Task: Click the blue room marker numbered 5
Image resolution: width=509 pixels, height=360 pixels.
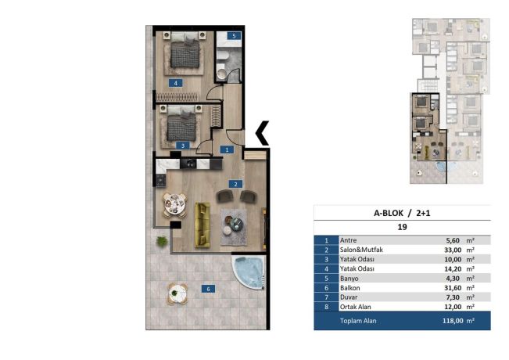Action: [234, 36]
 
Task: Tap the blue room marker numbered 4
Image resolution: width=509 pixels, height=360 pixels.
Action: [176, 83]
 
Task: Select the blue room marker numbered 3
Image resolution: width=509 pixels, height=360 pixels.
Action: [183, 146]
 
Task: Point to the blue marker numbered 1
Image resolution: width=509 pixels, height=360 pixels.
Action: [227, 149]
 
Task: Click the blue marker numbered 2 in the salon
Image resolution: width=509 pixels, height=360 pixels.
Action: [235, 184]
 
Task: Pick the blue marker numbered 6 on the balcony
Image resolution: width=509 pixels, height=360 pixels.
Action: [208, 289]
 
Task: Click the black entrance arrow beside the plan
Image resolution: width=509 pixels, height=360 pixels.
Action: [262, 133]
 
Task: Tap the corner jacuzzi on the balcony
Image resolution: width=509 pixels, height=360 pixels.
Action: [249, 272]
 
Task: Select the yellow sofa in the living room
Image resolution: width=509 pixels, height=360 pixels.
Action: [203, 225]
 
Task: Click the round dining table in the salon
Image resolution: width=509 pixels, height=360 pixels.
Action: [174, 205]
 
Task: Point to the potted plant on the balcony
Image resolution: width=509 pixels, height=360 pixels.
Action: [161, 241]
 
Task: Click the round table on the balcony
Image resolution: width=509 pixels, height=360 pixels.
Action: [177, 293]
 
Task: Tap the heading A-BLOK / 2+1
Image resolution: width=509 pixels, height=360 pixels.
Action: [402, 213]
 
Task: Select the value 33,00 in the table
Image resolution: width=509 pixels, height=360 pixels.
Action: [453, 250]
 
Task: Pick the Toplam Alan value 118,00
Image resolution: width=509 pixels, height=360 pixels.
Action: [453, 321]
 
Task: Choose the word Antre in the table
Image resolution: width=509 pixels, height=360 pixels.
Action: [348, 240]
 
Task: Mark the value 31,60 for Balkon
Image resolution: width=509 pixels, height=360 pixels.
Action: [453, 288]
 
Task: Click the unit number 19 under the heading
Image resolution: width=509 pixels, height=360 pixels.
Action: [402, 227]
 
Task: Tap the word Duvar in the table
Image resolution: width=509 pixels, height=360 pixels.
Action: [349, 297]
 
